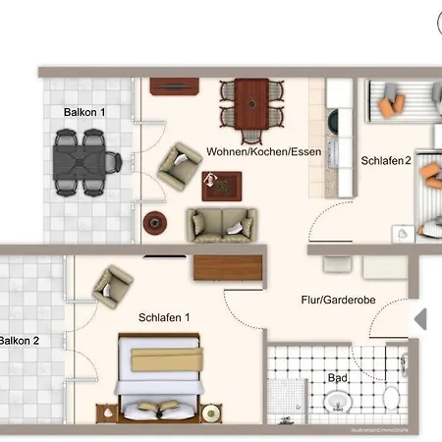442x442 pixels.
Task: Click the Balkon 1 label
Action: [83, 113]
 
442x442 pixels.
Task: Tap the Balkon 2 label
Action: [19, 341]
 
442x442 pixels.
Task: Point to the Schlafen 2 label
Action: [386, 161]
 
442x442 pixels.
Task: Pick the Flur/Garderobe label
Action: [334, 301]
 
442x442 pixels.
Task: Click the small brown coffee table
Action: [221, 184]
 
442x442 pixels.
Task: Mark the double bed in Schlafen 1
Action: [159, 378]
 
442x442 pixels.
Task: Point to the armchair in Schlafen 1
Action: [113, 287]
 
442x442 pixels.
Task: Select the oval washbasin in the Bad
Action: [339, 403]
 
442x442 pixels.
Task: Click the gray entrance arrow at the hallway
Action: [419, 318]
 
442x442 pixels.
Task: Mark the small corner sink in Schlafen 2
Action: [404, 234]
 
